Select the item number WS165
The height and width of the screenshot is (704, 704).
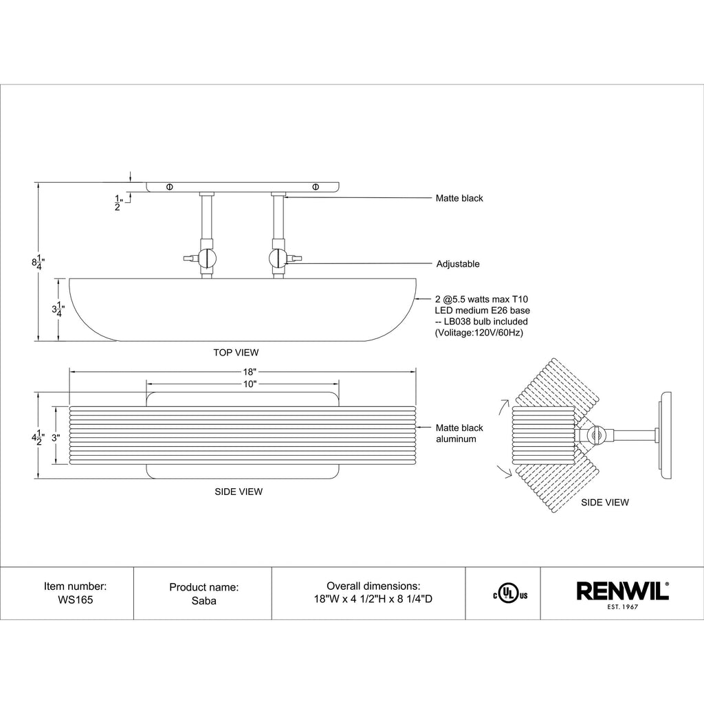tap(75, 599)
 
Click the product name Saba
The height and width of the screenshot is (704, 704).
tap(203, 599)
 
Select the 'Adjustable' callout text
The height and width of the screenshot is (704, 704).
tap(458, 264)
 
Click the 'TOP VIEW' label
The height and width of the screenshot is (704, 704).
tap(236, 353)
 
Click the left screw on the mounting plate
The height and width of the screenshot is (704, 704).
tap(169, 186)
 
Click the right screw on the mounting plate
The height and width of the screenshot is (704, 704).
tap(316, 186)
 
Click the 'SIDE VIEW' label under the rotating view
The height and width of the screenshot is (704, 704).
tap(604, 503)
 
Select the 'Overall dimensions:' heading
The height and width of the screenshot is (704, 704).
tap(373, 586)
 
